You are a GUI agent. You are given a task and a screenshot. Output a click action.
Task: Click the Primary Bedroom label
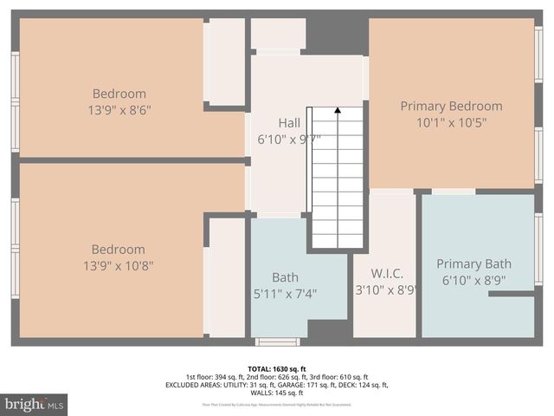click(451, 106)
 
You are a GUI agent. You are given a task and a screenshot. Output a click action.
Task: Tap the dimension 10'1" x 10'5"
click(451, 122)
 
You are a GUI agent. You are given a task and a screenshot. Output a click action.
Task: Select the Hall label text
click(289, 122)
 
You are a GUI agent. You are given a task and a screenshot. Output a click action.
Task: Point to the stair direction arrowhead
click(337, 110)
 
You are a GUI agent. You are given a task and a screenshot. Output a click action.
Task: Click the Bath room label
click(285, 277)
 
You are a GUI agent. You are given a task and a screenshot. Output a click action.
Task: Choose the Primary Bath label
click(473, 263)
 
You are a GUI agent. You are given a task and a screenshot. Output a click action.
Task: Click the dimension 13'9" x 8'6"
click(119, 110)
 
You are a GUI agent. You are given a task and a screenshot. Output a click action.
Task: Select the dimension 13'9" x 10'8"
click(119, 265)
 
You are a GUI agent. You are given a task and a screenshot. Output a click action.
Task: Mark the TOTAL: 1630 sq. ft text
click(277, 368)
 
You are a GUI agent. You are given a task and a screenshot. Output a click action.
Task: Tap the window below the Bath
click(277, 341)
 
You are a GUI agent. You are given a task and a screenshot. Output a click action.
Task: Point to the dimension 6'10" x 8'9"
click(473, 281)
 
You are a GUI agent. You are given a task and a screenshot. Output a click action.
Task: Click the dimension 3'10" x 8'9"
click(386, 290)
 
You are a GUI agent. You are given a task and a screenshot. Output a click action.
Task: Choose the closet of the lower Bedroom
click(227, 277)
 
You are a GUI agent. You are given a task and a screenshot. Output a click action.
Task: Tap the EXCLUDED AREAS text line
click(277, 385)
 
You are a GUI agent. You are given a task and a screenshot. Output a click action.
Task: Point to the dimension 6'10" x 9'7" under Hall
click(289, 139)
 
